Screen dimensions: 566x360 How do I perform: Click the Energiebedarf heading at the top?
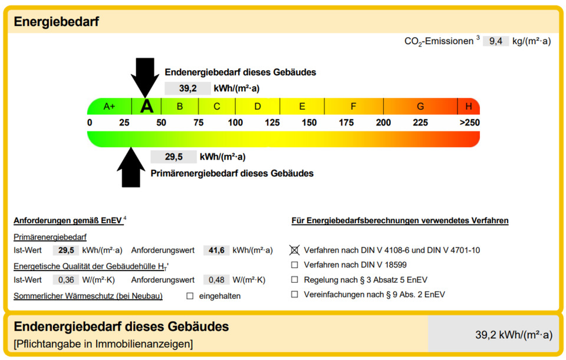57,22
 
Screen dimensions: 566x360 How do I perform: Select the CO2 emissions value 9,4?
496,41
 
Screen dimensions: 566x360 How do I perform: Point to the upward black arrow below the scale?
131,167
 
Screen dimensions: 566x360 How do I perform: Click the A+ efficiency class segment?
110,107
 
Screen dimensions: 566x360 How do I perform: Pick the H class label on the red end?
469,107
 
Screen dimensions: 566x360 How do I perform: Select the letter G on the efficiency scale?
420,107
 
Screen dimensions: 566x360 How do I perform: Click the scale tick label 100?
235,123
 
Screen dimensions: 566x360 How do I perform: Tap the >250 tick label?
470,123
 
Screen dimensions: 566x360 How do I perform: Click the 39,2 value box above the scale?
187,88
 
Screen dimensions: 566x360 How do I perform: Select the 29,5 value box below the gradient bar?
173,157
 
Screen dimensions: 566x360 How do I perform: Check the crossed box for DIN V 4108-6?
295,250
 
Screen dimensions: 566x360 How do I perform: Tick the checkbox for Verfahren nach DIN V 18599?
295,265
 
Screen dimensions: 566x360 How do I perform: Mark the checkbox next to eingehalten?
190,296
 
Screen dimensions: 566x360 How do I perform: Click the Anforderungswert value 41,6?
216,250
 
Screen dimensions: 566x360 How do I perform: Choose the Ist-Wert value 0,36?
66,279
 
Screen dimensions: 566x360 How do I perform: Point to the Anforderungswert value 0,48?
216,279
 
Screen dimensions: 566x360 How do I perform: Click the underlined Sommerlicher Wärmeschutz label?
88,296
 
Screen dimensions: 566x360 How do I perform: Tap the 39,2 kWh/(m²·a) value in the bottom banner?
514,335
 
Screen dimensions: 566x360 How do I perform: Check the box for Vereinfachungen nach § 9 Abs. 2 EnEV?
295,295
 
